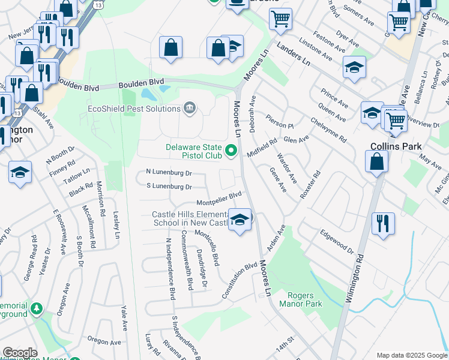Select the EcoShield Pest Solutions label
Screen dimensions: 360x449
pyautogui.click(x=134, y=109)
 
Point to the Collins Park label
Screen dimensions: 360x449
pyautogui.click(x=396, y=146)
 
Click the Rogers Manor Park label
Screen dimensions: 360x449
pyautogui.click(x=305, y=299)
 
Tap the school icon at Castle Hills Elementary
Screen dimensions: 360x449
pyautogui.click(x=240, y=221)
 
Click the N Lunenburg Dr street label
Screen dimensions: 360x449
pyautogui.click(x=169, y=173)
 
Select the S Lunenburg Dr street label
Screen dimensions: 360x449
pyautogui.click(x=169, y=187)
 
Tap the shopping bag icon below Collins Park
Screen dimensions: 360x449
pyautogui.click(x=376, y=161)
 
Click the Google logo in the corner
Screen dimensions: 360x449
pyautogui.click(x=20, y=353)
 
